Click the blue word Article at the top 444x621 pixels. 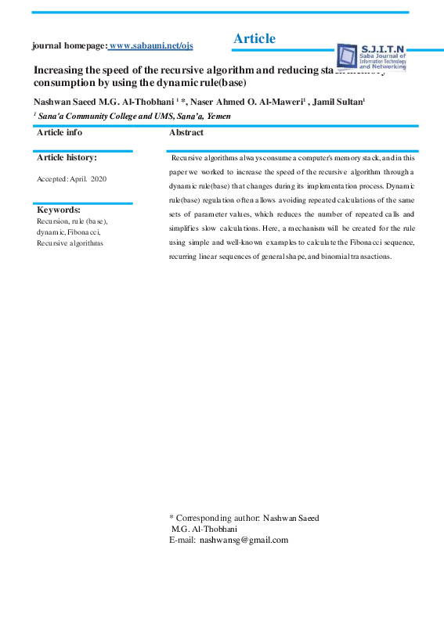(x=254, y=39)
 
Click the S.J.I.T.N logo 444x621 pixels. (x=373, y=56)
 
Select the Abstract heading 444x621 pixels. (x=186, y=133)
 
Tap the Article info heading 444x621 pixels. (x=60, y=133)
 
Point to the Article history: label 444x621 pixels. (x=67, y=157)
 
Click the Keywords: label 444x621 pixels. (x=59, y=210)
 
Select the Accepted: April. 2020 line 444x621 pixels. (x=72, y=179)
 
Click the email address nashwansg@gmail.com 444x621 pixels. (x=244, y=540)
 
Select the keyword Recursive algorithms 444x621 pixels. (x=70, y=243)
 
